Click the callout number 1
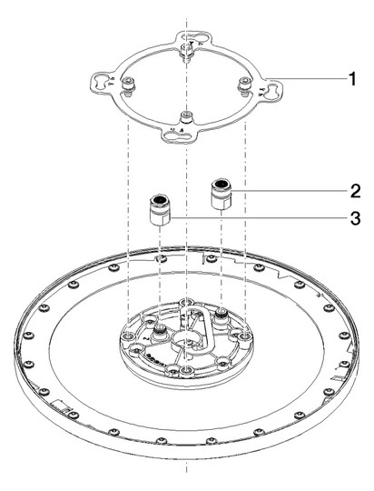point(352,79)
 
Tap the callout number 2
point(355,191)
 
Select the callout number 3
point(355,218)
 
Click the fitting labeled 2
point(221,195)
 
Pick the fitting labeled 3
point(160,210)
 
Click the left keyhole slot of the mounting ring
point(100,83)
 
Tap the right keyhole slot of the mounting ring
point(273,91)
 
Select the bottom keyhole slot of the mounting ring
point(177,135)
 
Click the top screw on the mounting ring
point(187,51)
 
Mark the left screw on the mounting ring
point(128,85)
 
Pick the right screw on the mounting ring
point(244,85)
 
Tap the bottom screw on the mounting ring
point(186,117)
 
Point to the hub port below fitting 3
point(160,333)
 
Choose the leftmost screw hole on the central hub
point(128,336)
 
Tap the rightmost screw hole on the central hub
point(245,336)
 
